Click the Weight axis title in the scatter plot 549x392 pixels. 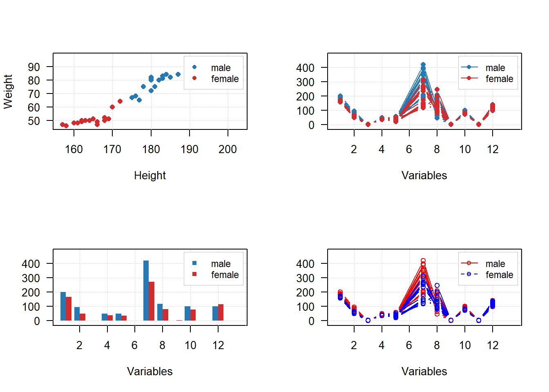[8, 91]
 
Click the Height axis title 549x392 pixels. [150, 176]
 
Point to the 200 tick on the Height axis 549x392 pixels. [228, 149]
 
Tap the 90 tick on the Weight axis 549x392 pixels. [34, 67]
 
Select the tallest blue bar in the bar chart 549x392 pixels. [146, 290]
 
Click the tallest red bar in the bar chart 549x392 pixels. [152, 301]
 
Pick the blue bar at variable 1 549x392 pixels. [63, 306]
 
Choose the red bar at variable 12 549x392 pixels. [221, 312]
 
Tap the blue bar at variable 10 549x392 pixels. [187, 313]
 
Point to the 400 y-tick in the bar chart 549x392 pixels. [31, 264]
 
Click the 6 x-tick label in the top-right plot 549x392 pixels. [409, 149]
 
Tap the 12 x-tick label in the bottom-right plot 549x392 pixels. [493, 345]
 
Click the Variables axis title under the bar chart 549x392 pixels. [150, 372]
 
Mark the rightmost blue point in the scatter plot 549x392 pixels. [178, 74]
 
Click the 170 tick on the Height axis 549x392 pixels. [112, 149]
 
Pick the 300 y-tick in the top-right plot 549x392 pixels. [305, 82]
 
